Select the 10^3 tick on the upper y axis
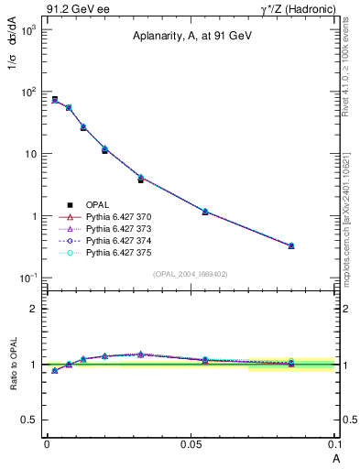point(28,30)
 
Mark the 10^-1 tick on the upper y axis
point(28,278)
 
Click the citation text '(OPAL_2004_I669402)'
point(190,272)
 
